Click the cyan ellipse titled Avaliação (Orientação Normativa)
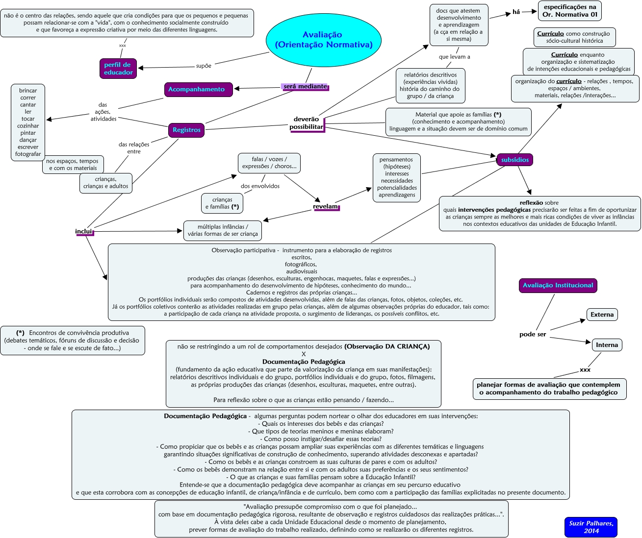click(x=323, y=40)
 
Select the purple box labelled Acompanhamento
click(x=196, y=89)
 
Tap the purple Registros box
click(x=186, y=130)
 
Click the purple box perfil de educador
click(x=118, y=69)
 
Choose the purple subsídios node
click(x=515, y=160)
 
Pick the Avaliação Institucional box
click(x=558, y=285)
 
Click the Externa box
click(x=602, y=315)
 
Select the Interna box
click(x=607, y=345)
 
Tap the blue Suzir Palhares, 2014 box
click(x=591, y=527)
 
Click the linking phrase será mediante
click(x=305, y=87)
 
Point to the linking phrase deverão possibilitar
click(x=307, y=123)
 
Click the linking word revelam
click(x=326, y=207)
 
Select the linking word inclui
click(x=84, y=231)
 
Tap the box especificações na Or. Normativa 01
click(x=569, y=11)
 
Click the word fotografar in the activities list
click(x=28, y=154)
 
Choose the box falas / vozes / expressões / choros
click(x=269, y=163)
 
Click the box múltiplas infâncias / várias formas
click(x=223, y=230)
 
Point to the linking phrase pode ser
click(x=533, y=335)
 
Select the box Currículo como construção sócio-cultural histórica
click(x=574, y=37)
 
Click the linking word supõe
click(x=204, y=66)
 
